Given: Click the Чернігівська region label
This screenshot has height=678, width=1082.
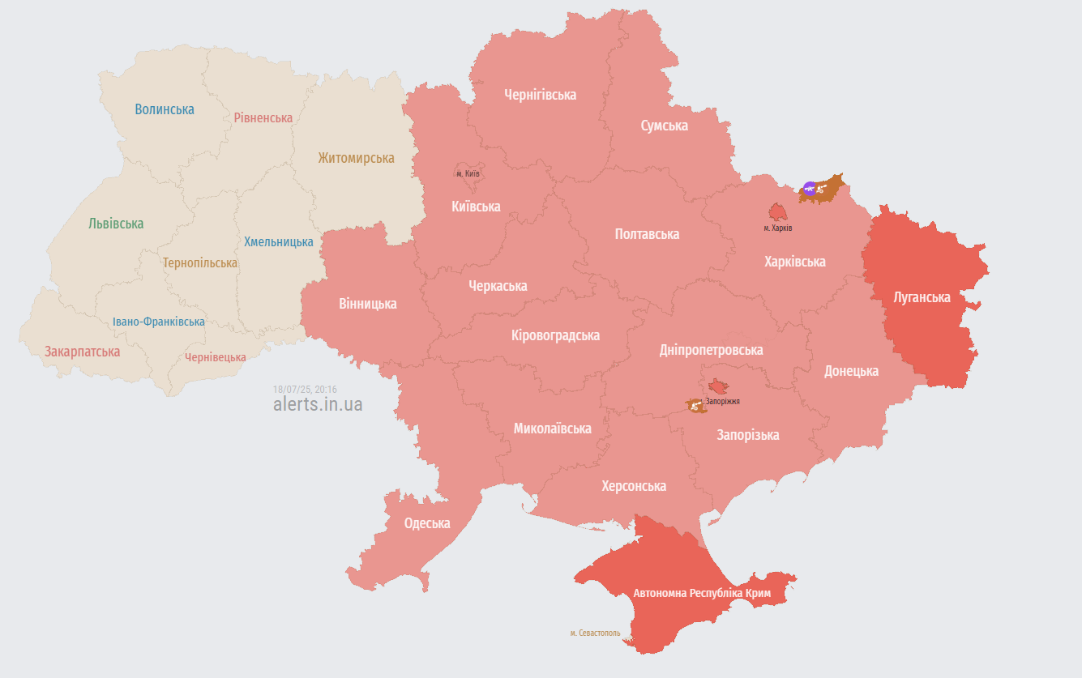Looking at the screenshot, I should pyautogui.click(x=540, y=95).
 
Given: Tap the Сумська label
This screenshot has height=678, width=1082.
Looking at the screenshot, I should pyautogui.click(x=664, y=126).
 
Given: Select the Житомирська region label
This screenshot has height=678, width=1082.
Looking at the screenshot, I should pyautogui.click(x=356, y=158).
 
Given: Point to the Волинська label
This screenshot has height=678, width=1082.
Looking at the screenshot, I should pyautogui.click(x=165, y=109).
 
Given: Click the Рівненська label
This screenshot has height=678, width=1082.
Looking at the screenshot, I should pyautogui.click(x=263, y=117).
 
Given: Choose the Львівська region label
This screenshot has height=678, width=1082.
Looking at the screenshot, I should pyautogui.click(x=116, y=224).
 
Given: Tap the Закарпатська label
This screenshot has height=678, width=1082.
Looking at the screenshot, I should pyautogui.click(x=82, y=352).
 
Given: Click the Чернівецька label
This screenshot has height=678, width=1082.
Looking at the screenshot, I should pyautogui.click(x=215, y=357).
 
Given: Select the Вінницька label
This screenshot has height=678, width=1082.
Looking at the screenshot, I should pyautogui.click(x=368, y=304).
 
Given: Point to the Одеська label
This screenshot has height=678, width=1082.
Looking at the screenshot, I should pyautogui.click(x=427, y=523).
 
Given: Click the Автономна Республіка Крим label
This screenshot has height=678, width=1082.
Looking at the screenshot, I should pyautogui.click(x=702, y=594).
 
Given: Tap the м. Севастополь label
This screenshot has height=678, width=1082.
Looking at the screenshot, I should pyautogui.click(x=595, y=633).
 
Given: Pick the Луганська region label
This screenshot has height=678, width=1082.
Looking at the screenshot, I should pyautogui.click(x=922, y=297).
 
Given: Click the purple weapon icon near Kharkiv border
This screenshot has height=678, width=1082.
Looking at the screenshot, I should pyautogui.click(x=810, y=189).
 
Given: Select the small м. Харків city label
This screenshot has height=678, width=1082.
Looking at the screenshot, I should pyautogui.click(x=778, y=228).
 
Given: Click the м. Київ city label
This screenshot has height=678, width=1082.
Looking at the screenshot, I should pyautogui.click(x=468, y=174).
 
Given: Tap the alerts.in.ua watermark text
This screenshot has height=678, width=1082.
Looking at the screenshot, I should pyautogui.click(x=318, y=404).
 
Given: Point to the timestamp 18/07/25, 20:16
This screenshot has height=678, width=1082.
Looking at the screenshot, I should pyautogui.click(x=305, y=390).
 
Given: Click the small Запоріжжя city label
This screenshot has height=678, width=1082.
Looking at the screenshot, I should pyautogui.click(x=722, y=401).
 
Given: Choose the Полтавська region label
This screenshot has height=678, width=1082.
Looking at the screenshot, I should pyautogui.click(x=647, y=234).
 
